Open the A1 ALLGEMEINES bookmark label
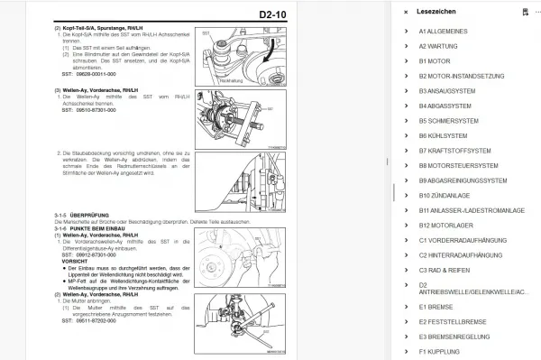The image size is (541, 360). (x=448, y=32)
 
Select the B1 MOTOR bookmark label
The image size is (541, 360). (x=435, y=61)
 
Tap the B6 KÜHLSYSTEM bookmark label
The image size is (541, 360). (x=447, y=134)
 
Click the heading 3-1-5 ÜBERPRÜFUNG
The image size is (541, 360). (x=72, y=213)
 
